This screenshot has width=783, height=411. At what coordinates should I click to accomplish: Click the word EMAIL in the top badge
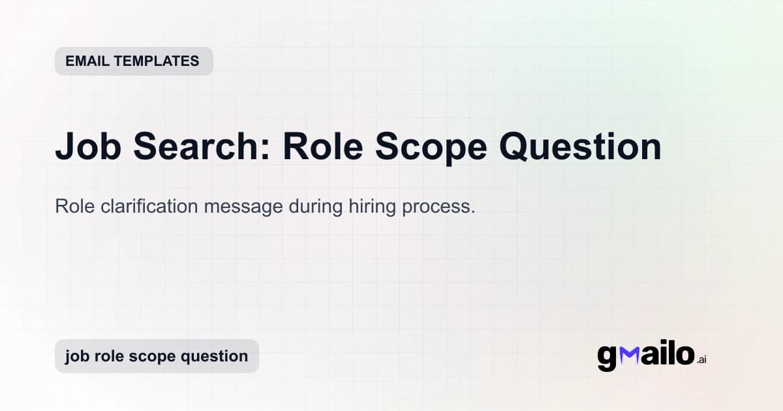pyautogui.click(x=87, y=61)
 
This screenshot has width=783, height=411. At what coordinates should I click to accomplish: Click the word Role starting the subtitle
pyautogui.click(x=72, y=207)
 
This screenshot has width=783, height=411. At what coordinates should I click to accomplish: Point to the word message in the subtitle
pyautogui.click(x=234, y=207)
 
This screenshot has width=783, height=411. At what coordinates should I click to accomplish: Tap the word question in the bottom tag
pyautogui.click(x=215, y=357)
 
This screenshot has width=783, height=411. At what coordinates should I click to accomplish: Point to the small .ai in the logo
pyautogui.click(x=701, y=359)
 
